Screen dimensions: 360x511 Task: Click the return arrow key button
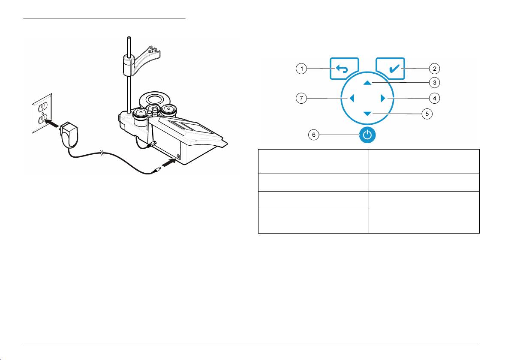click(344, 69)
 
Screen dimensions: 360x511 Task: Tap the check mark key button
click(391, 69)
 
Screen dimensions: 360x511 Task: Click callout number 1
click(303, 69)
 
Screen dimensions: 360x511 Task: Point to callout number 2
click(435, 69)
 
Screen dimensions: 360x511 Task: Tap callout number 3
click(435, 82)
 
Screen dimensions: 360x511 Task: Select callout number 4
click(435, 99)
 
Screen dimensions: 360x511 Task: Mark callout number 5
click(427, 114)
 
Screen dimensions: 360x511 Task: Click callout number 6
click(314, 135)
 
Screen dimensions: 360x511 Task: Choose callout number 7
click(303, 99)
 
